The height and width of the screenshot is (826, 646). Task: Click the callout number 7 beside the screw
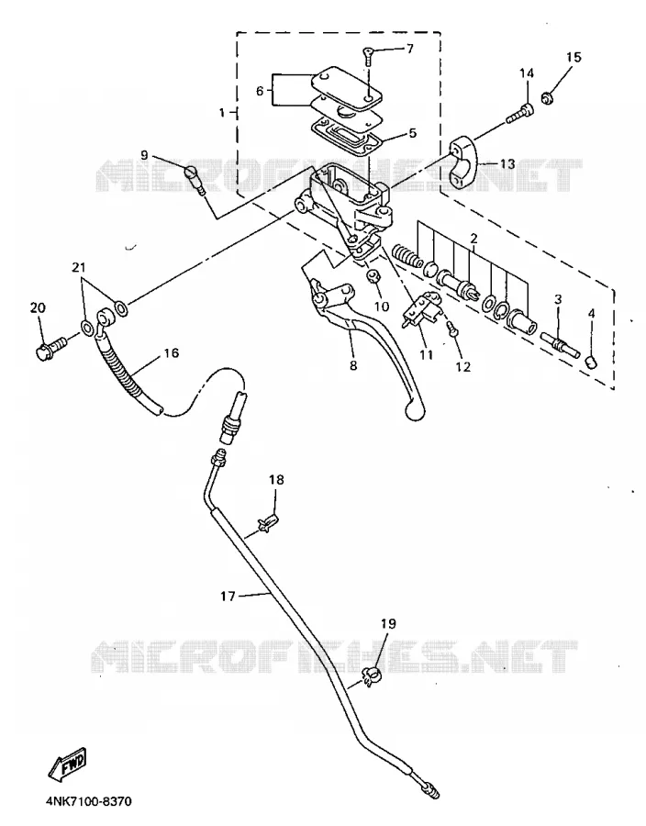410,49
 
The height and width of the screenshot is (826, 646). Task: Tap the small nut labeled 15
547,97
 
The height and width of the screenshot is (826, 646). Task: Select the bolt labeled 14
519,113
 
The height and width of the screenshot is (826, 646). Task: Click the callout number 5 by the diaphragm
412,133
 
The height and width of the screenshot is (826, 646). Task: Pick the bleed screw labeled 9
195,179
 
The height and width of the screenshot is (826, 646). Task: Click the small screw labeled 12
452,329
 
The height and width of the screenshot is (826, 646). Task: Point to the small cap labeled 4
591,363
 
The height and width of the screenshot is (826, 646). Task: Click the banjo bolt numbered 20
50,346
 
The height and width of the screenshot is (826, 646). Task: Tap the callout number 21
78,268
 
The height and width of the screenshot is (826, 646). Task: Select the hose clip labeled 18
268,524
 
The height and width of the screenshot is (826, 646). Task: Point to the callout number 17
228,597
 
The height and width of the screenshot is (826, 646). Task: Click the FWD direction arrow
67,765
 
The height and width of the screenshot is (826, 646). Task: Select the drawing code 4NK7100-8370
88,802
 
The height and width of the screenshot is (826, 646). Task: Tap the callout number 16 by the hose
172,353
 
